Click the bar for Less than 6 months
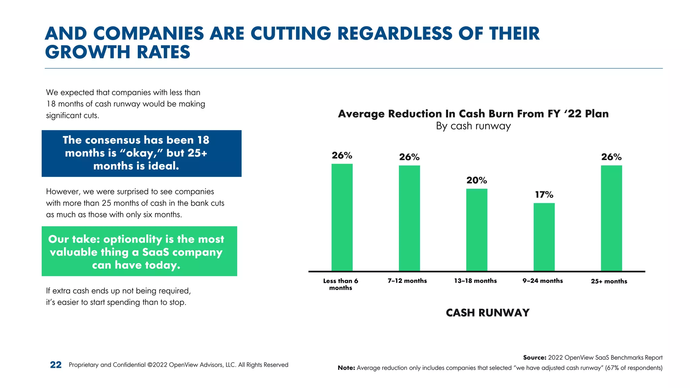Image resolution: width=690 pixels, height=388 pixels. pyautogui.click(x=342, y=217)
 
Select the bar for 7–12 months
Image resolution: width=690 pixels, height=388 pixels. pyautogui.click(x=409, y=218)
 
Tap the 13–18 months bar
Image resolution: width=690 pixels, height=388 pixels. pyautogui.click(x=477, y=230)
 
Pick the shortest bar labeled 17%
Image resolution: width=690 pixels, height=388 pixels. pyautogui.click(x=544, y=237)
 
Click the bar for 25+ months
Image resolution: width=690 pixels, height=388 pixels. pyautogui.click(x=611, y=218)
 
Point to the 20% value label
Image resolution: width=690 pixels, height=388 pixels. pyautogui.click(x=477, y=181)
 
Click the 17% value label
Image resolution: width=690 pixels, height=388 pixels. pyautogui.click(x=544, y=195)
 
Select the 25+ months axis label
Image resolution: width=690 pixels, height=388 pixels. pyautogui.click(x=609, y=281)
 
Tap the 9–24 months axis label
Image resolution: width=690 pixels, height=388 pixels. pyautogui.click(x=542, y=281)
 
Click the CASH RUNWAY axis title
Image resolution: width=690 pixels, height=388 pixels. pyautogui.click(x=488, y=313)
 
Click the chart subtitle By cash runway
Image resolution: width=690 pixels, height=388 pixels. pyautogui.click(x=473, y=126)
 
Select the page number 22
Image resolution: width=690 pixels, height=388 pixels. pyautogui.click(x=56, y=365)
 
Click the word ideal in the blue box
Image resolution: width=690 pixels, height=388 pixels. pyautogui.click(x=164, y=166)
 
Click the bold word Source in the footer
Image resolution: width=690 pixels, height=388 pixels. pyautogui.click(x=534, y=358)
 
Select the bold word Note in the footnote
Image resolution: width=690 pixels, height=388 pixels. pyautogui.click(x=346, y=368)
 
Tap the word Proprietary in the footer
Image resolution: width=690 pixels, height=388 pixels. pyautogui.click(x=83, y=365)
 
